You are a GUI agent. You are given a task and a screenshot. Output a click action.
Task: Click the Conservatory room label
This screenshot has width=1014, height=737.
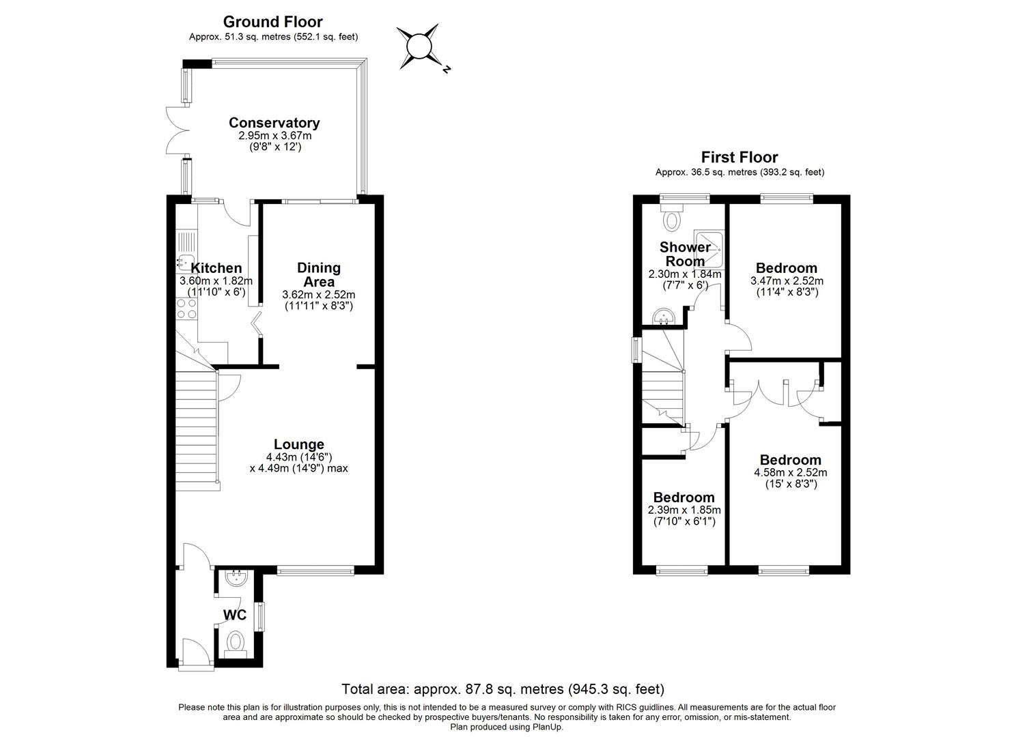[274, 123]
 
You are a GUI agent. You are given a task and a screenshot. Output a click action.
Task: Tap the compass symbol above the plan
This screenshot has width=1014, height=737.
[419, 47]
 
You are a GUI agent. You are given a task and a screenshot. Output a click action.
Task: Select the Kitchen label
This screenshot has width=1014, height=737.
[216, 268]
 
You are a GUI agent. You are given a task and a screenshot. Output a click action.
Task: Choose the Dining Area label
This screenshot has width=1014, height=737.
[318, 274]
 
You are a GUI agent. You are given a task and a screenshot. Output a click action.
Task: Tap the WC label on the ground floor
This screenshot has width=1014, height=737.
[235, 615]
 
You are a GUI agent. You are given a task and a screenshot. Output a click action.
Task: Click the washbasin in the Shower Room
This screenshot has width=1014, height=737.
[664, 317]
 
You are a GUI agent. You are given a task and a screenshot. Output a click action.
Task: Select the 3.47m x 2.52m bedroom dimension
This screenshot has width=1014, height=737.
[787, 280]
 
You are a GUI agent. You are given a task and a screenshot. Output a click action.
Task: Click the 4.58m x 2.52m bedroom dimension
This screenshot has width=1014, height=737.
[790, 472]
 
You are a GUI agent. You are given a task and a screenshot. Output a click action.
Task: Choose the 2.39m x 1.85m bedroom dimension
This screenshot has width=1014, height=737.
[684, 510]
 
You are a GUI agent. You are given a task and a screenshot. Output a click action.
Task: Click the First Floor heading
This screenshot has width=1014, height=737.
[740, 158]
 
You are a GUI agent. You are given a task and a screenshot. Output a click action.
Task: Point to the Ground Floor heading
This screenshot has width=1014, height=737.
[273, 22]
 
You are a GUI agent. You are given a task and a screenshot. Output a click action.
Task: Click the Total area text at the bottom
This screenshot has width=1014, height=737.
[503, 689]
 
